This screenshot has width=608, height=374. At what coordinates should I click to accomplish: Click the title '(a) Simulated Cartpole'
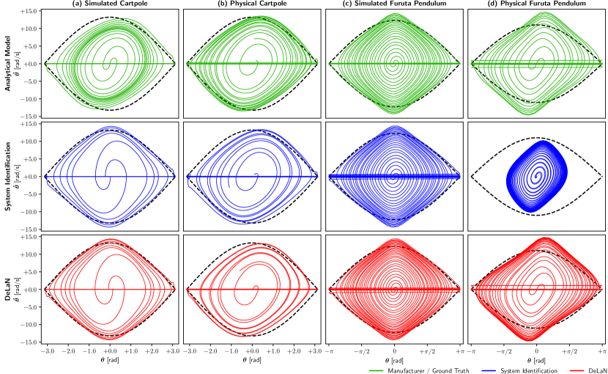tap(108, 4)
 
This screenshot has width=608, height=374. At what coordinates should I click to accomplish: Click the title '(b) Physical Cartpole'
tap(251, 4)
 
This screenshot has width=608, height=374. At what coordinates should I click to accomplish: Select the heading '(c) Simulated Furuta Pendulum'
tap(393, 4)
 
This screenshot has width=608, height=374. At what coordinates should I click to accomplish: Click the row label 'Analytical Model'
tap(8, 63)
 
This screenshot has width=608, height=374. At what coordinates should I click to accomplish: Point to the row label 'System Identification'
tap(8, 176)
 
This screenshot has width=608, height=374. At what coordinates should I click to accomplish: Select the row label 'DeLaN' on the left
tap(8, 289)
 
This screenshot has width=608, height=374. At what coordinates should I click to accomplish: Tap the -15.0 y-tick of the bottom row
tap(29, 342)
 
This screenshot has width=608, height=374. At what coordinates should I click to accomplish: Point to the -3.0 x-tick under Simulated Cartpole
tap(46, 352)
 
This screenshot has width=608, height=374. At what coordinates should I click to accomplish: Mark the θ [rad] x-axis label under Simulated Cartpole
tap(108, 361)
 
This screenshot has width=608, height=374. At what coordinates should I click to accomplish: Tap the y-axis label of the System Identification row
tap(18, 176)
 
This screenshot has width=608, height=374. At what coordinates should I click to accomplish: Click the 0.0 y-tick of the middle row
tap(32, 177)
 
